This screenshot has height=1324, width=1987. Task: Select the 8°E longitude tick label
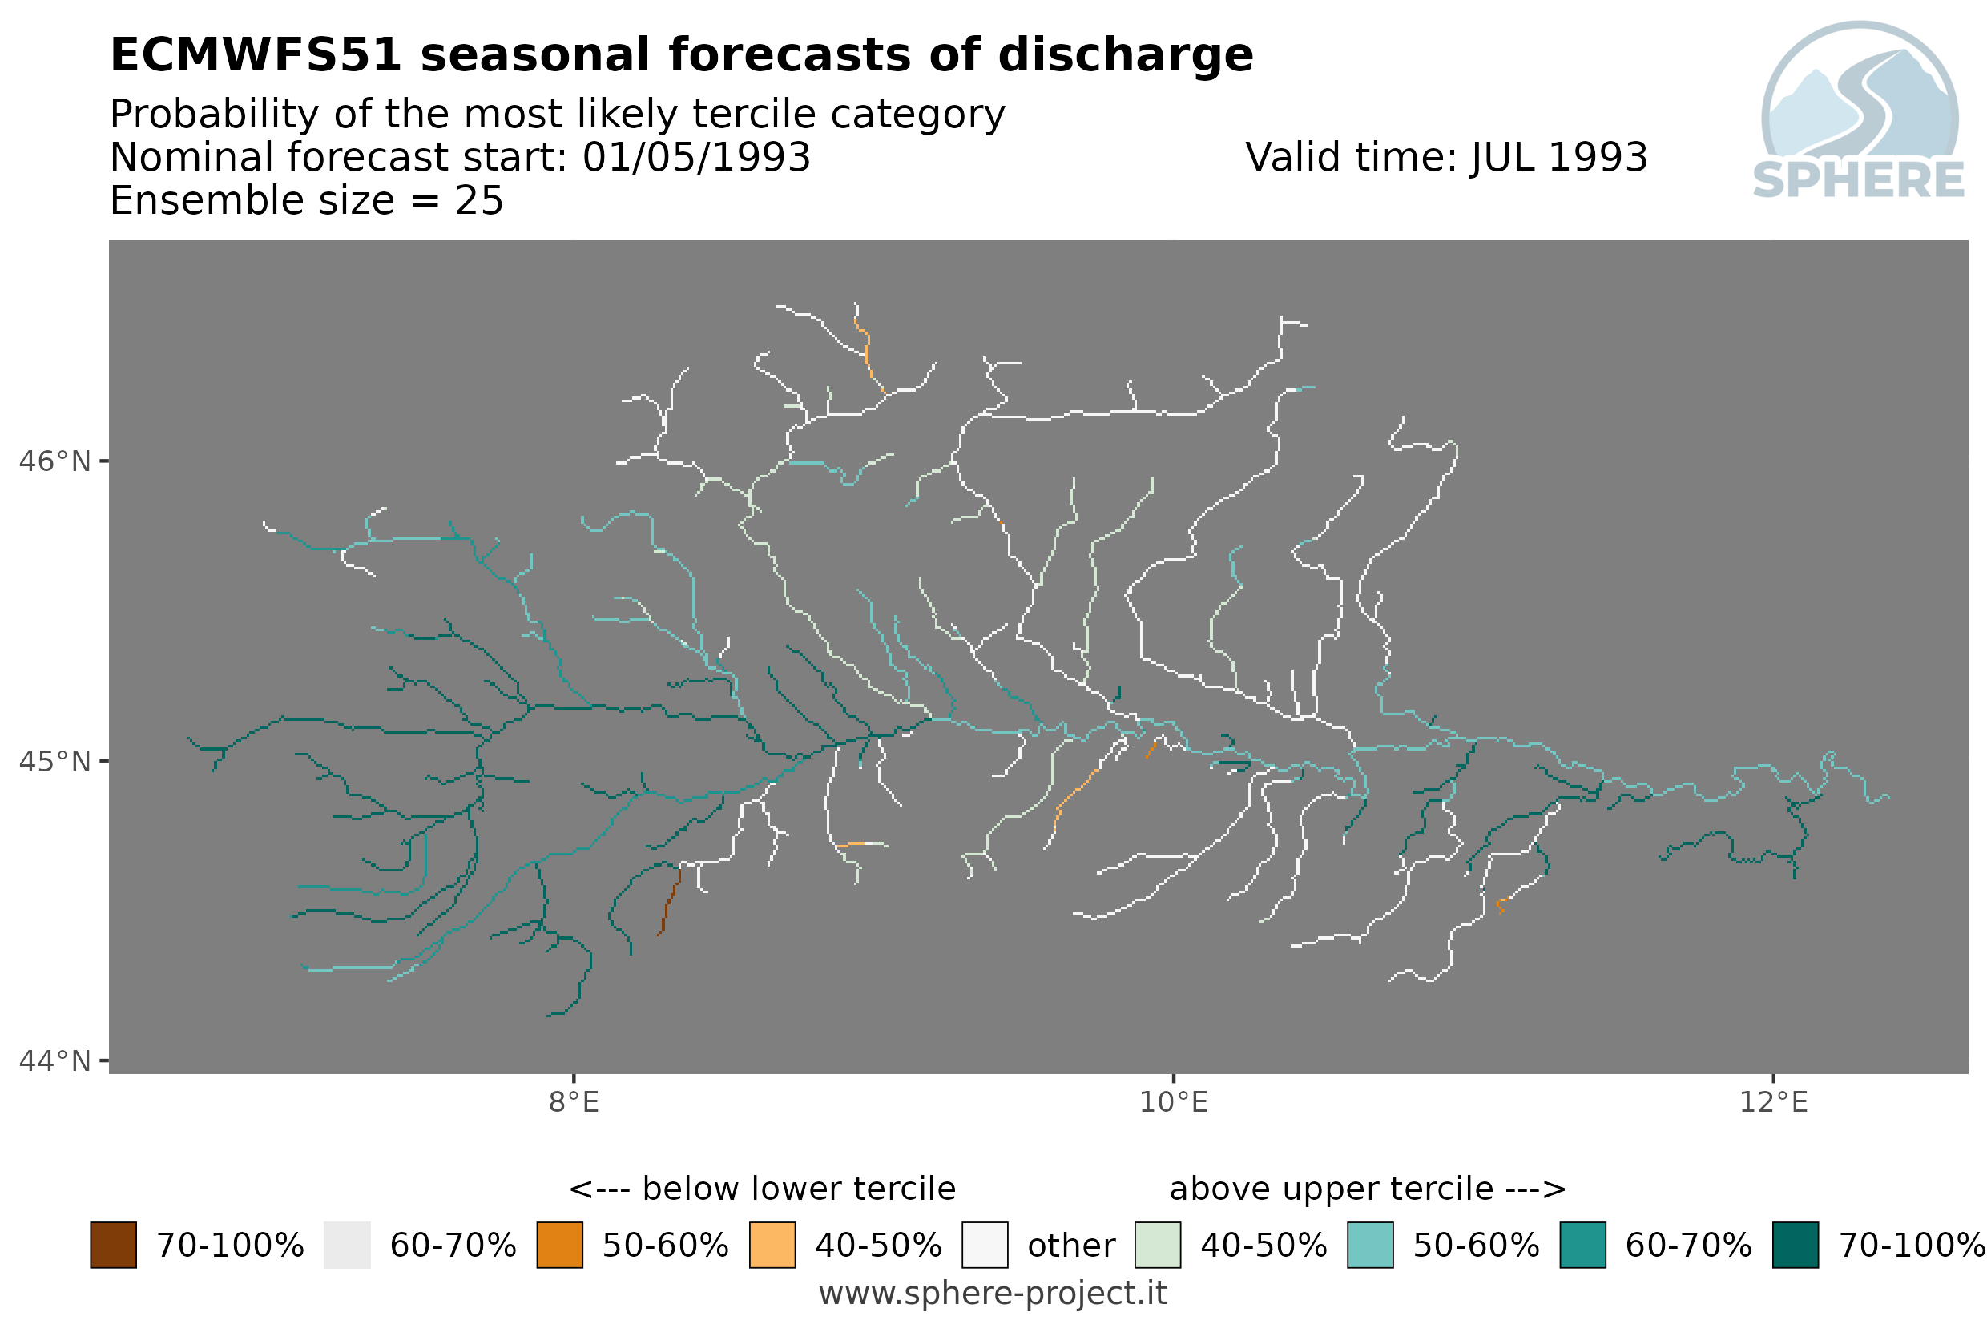[574, 1103]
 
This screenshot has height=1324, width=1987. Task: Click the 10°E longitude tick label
[1174, 1103]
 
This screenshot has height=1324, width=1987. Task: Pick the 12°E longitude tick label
[1773, 1103]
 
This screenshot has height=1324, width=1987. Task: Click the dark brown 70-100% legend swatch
[113, 1246]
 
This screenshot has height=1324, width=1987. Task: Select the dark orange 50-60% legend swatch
[560, 1246]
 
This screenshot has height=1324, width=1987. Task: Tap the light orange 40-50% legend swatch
[772, 1246]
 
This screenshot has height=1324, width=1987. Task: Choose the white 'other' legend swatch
[985, 1246]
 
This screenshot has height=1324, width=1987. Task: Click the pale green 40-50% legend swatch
[1158, 1246]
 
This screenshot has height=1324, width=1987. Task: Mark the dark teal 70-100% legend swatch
[1796, 1246]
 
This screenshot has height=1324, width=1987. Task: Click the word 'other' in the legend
[1071, 1246]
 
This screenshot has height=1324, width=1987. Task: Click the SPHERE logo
[1860, 111]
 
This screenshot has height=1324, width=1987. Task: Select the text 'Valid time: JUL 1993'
[1446, 158]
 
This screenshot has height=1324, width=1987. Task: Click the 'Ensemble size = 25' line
[307, 201]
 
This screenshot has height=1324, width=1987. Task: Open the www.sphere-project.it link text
[993, 1294]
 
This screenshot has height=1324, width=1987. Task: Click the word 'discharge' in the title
[1126, 56]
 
